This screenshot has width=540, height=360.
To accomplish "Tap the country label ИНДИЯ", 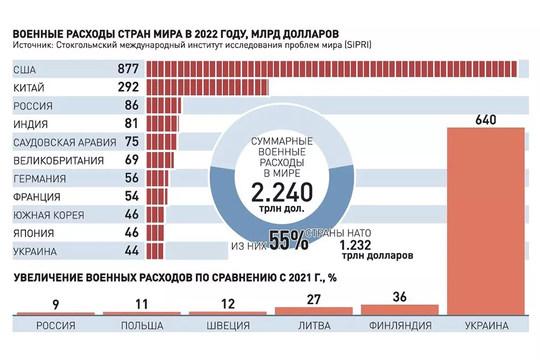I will (x=30, y=124).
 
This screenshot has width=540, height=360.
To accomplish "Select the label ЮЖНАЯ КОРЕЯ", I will (x=49, y=215).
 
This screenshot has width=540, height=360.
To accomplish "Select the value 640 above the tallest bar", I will (x=485, y=120).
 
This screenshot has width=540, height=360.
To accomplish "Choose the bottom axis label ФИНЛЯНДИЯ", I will (x=400, y=325).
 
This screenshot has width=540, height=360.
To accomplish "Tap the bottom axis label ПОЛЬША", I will (x=141, y=325).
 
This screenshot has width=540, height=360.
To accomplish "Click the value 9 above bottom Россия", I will (x=56, y=304).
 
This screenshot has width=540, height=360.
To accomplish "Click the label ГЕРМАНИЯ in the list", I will (x=40, y=179).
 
